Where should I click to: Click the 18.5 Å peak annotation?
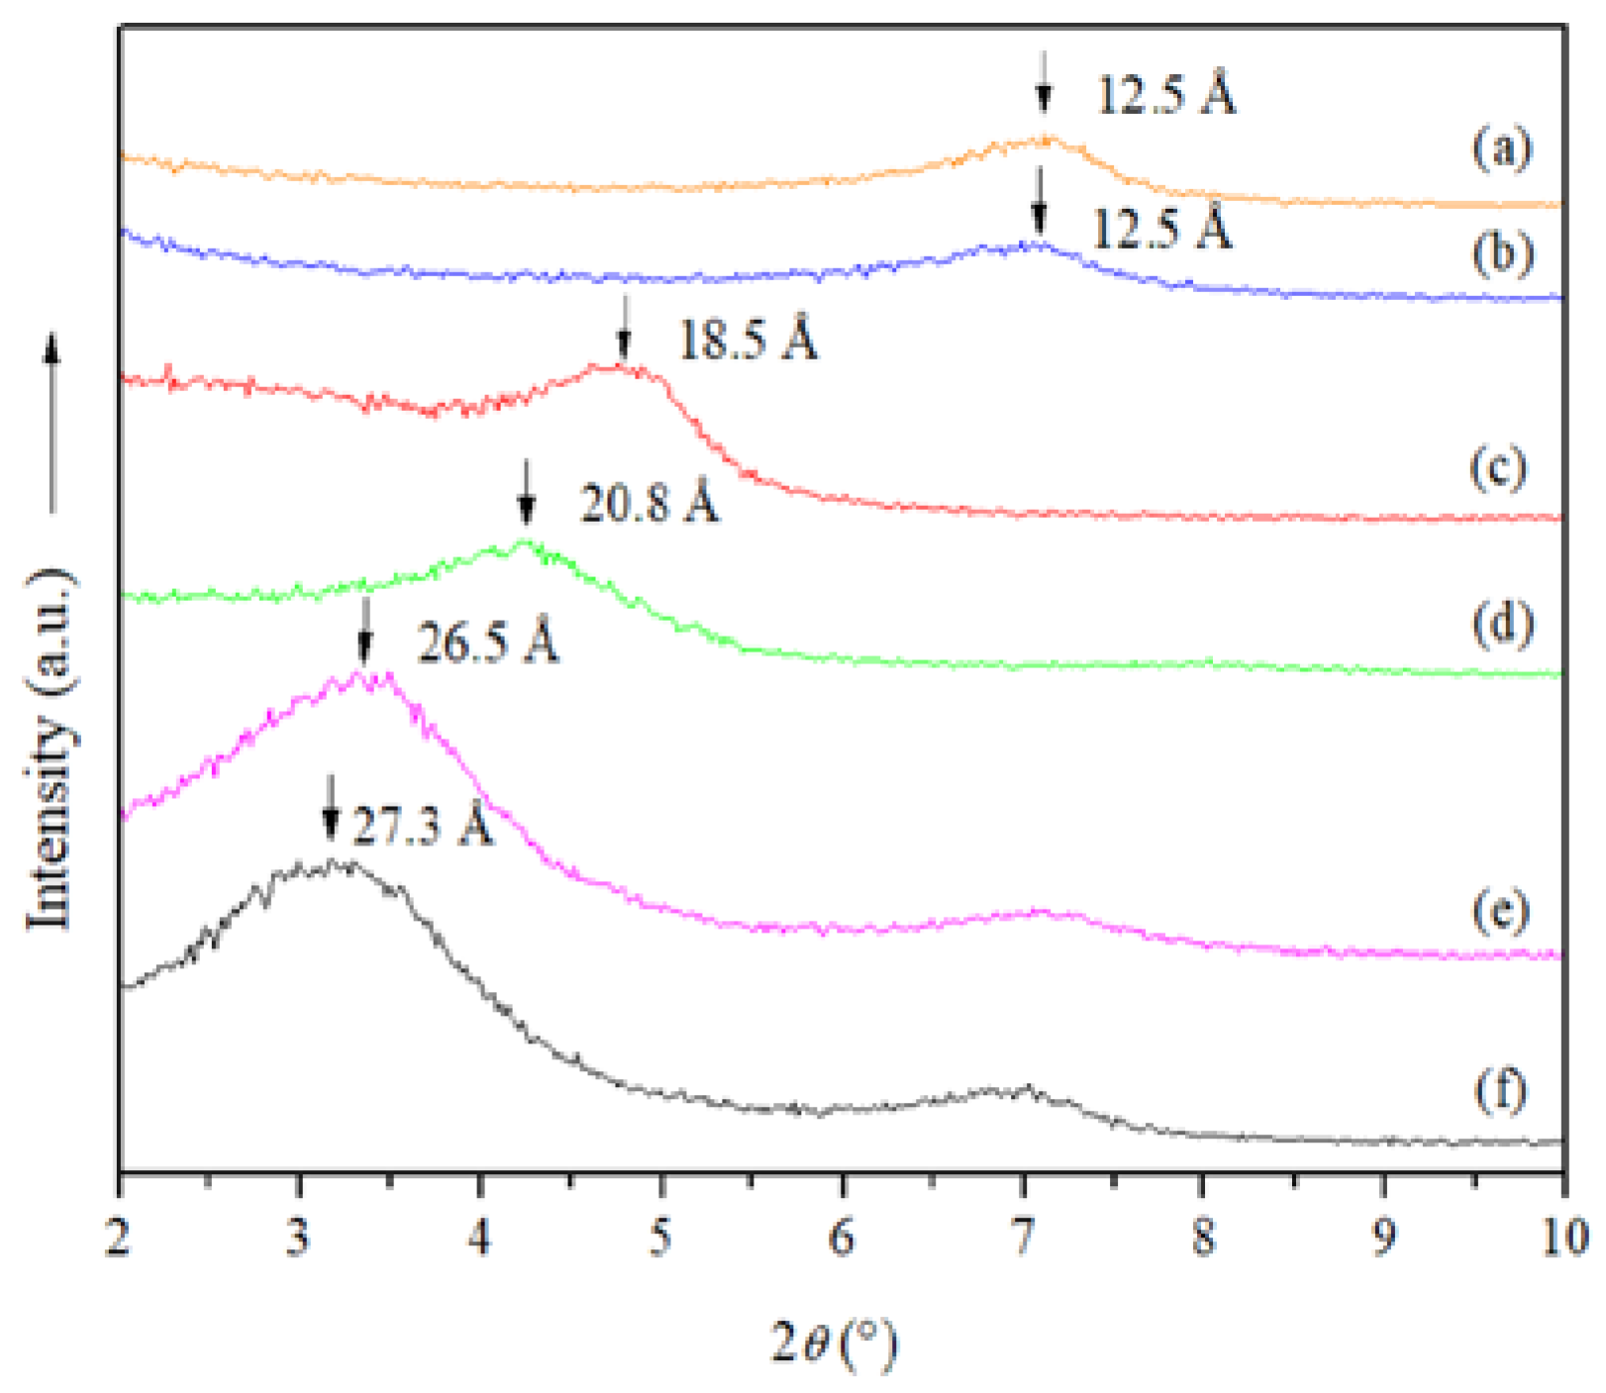[x=748, y=342]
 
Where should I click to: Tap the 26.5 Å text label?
[x=487, y=644]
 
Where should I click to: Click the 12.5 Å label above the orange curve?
[x=1166, y=96]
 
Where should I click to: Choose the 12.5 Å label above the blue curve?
[x=1161, y=229]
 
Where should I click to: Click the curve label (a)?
[x=1501, y=149]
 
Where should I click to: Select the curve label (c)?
[x=1498, y=467]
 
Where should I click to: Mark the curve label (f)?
[x=1500, y=1090]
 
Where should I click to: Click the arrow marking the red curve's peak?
[x=624, y=329]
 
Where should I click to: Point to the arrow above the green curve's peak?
[x=527, y=491]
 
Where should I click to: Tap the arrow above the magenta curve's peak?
[x=365, y=631]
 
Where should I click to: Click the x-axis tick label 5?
[x=660, y=1238]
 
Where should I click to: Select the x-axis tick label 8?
[x=1203, y=1238]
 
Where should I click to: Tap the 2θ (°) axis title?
[x=834, y=1343]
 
